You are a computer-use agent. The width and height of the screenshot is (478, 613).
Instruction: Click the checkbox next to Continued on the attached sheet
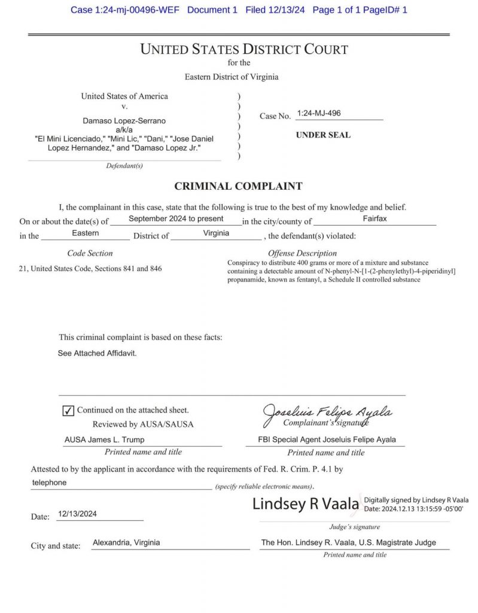pyautogui.click(x=68, y=411)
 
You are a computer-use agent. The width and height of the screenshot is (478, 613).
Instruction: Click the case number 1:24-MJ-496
pyautogui.click(x=319, y=113)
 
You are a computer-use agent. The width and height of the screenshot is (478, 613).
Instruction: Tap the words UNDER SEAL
pyautogui.click(x=323, y=135)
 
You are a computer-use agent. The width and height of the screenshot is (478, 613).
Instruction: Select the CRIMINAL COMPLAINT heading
pyautogui.click(x=238, y=186)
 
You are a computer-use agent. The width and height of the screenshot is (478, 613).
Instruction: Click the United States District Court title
pyautogui.click(x=244, y=50)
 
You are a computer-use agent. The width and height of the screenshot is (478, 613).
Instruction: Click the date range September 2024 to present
pyautogui.click(x=176, y=219)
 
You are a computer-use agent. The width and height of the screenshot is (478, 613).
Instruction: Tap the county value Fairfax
pyautogui.click(x=375, y=219)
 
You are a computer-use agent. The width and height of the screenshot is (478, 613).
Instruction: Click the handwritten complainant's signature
pyautogui.click(x=328, y=412)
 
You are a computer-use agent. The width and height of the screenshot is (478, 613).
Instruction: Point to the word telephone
pyautogui.click(x=49, y=482)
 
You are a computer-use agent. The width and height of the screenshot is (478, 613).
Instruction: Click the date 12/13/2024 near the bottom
pyautogui.click(x=78, y=514)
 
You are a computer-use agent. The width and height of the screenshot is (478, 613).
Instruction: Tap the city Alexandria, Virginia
pyautogui.click(x=126, y=543)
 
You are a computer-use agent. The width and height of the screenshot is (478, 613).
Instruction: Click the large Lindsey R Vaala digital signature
pyautogui.click(x=306, y=504)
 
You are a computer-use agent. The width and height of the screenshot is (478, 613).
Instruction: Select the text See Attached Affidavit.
pyautogui.click(x=97, y=353)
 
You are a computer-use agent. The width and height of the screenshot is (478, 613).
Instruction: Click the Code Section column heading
pyautogui.click(x=90, y=253)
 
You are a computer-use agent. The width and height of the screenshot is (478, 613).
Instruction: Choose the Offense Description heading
pyautogui.click(x=302, y=253)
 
